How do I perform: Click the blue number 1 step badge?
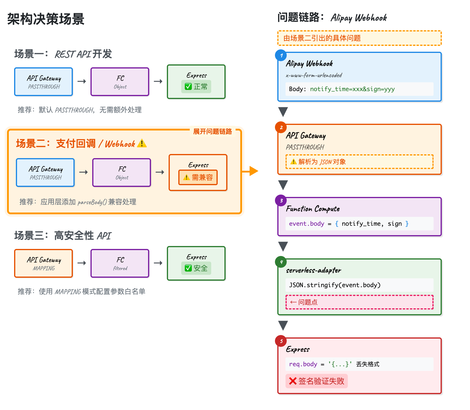coord(281,56)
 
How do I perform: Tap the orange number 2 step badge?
coord(281,127)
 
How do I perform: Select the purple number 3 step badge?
coord(281,200)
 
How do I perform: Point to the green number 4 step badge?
coord(281,262)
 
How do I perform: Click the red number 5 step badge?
coord(281,341)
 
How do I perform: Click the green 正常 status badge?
coord(196,87)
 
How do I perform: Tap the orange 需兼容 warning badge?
coord(198,178)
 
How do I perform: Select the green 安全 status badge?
coord(196,268)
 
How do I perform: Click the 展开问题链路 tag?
coord(212,131)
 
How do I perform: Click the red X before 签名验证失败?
coord(293,381)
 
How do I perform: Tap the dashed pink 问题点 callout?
coord(359,302)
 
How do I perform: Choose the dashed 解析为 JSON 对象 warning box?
coord(359,162)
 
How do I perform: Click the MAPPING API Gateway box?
coord(44,263)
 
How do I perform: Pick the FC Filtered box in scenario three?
coord(120,263)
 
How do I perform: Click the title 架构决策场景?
coord(46,19)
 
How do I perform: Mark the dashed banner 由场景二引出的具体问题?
coord(359,38)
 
